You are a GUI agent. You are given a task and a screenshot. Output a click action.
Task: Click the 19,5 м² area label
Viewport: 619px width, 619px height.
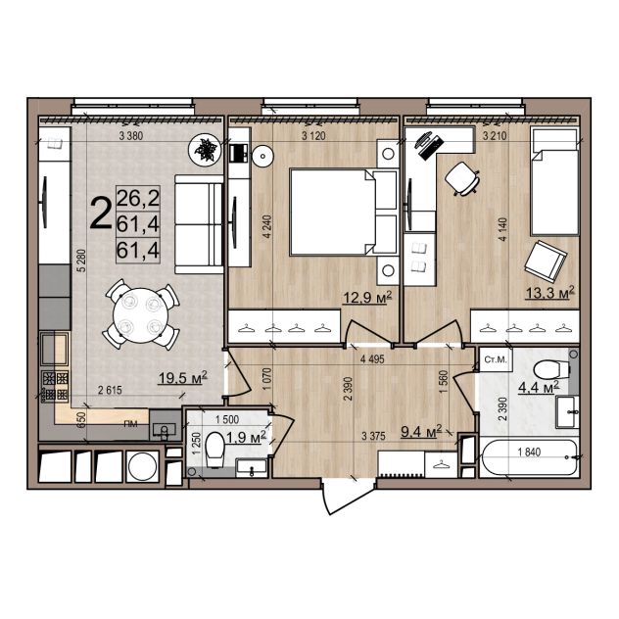(183, 377)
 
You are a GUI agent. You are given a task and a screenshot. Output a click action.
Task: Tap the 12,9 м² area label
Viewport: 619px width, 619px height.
(366, 297)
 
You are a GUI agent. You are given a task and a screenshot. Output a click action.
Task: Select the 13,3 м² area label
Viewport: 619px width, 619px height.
(549, 293)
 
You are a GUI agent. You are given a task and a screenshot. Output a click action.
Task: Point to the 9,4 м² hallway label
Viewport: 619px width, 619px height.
(421, 432)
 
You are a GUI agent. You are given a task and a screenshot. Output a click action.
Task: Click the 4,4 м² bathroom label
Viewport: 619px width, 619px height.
(539, 387)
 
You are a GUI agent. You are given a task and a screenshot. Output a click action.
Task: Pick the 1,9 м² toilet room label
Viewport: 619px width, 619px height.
(246, 437)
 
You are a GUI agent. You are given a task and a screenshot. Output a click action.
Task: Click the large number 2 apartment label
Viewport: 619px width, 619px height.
(100, 214)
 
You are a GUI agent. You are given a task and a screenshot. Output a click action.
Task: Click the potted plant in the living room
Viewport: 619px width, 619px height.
(204, 149)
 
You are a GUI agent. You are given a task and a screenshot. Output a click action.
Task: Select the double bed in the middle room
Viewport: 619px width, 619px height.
(343, 212)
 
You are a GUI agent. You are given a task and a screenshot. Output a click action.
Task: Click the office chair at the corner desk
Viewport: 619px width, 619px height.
(462, 178)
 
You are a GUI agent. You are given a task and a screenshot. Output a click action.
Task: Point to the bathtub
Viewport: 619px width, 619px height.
(528, 457)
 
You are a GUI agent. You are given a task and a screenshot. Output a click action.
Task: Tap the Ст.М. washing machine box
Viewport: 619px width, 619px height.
(496, 359)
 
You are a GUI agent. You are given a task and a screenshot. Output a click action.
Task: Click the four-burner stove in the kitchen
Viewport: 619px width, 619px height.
(55, 386)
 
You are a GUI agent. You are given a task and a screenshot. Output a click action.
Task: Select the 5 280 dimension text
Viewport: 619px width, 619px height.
(81, 261)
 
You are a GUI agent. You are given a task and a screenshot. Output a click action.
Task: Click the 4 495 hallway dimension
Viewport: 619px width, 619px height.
(372, 359)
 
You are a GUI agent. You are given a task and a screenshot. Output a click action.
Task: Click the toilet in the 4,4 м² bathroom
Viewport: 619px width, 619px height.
(552, 370)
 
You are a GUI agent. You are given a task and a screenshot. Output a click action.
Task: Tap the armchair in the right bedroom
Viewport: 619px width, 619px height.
(545, 261)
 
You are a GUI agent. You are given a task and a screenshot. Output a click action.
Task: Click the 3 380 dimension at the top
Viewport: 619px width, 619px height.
(131, 136)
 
